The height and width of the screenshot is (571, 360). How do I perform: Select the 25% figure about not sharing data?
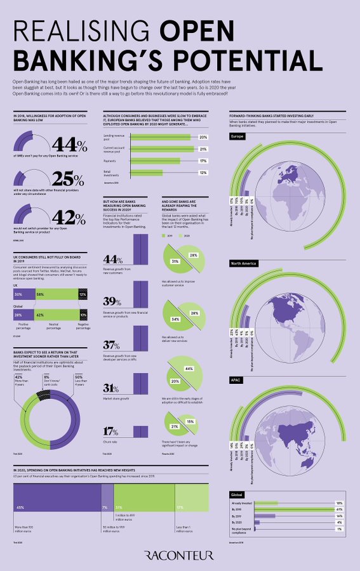pos(69,180)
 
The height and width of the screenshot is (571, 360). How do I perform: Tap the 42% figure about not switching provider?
pos(69,216)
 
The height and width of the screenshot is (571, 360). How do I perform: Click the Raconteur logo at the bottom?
pos(180,555)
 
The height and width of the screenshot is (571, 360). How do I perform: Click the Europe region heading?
pos(237,136)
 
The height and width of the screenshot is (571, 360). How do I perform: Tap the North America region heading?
pos(244,262)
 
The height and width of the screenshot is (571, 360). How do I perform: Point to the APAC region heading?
pos(237,380)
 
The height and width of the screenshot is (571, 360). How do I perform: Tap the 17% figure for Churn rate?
pos(112,431)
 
